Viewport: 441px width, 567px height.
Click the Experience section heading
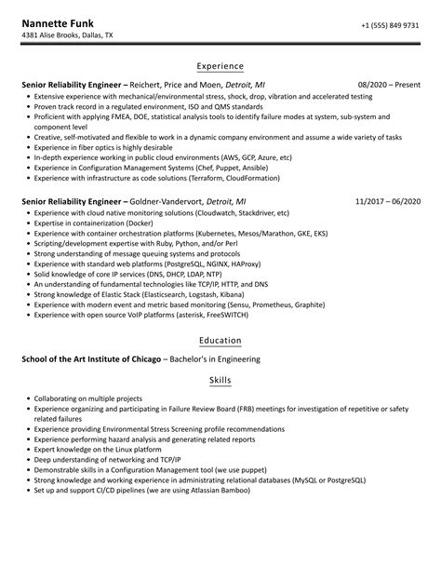coord(220,66)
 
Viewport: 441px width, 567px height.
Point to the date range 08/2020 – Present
coord(389,84)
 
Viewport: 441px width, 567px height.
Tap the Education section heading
coord(220,342)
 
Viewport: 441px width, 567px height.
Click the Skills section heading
coord(220,380)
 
